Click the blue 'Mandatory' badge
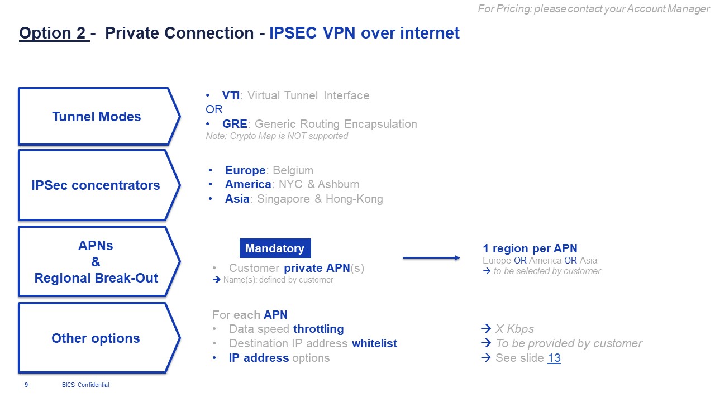[275, 248]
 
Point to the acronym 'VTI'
[231, 95]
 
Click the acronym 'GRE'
[235, 124]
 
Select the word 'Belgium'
[293, 170]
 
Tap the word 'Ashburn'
[339, 184]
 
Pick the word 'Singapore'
[283, 199]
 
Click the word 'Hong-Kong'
[354, 199]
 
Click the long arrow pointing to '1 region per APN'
[431, 258]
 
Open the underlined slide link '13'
[554, 358]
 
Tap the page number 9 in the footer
[26, 385]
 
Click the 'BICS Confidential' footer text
[85, 385]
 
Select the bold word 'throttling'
[318, 329]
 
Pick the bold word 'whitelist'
[374, 343]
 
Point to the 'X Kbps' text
[514, 329]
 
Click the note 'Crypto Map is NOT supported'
[289, 136]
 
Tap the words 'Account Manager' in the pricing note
[668, 8]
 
